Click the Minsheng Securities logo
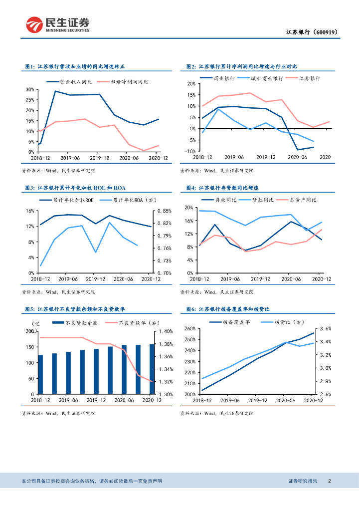point(58,24)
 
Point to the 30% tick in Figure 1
point(30,90)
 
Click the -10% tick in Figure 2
point(190,151)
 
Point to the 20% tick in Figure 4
point(189,208)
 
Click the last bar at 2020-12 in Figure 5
point(152,369)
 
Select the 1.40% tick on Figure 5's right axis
point(165,331)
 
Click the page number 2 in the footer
point(330,481)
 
